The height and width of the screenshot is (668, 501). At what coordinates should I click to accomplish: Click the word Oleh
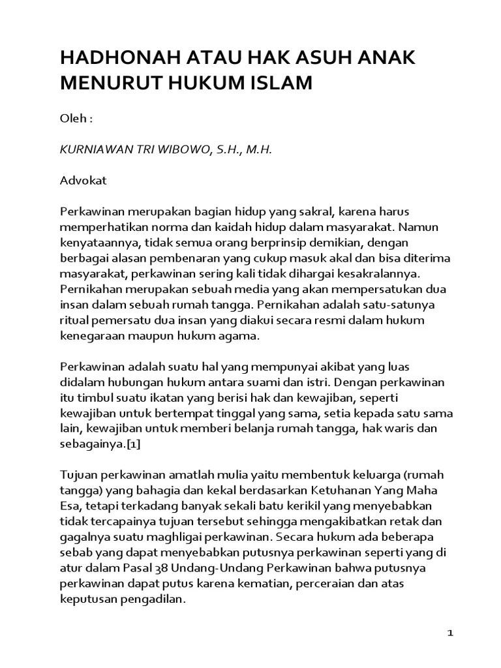(72, 121)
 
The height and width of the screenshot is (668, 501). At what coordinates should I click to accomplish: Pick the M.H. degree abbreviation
(256, 150)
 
